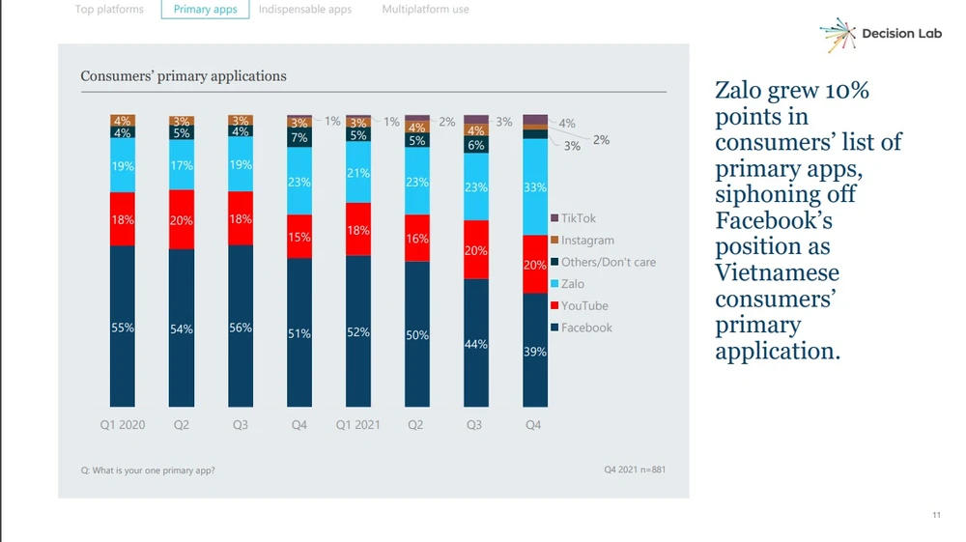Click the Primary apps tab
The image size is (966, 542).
205,10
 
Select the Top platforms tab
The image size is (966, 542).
109,10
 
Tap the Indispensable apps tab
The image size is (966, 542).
305,10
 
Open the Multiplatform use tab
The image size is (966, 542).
425,10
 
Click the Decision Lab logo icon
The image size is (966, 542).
838,35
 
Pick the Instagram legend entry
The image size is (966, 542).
587,241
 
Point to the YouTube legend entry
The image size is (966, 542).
584,306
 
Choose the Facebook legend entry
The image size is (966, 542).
586,328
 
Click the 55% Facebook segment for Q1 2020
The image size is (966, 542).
122,327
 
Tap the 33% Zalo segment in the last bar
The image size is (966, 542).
535,188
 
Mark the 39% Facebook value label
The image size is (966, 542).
535,352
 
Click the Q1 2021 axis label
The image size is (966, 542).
358,425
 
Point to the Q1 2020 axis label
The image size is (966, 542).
122,425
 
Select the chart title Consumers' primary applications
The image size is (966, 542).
184,76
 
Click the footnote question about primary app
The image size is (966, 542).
148,471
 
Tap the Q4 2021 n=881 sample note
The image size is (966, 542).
635,471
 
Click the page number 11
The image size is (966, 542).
936,515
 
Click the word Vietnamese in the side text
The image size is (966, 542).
777,271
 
